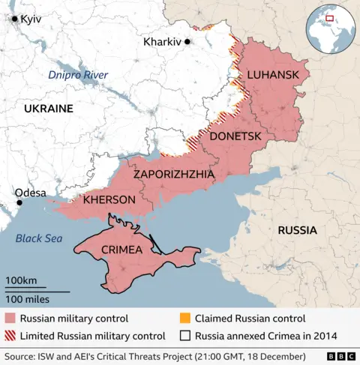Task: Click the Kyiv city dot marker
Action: coord(14,19)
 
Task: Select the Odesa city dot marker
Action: coord(19,202)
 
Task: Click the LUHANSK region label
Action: coord(273,74)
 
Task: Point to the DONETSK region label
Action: coord(235,136)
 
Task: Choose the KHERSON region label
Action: coord(109,199)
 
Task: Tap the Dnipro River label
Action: coord(78,75)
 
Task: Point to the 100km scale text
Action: coord(21,280)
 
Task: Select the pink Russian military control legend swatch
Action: coord(10,319)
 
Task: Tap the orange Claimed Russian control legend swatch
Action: coord(184,319)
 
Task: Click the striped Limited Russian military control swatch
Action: coord(10,336)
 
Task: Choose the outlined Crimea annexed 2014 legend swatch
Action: coord(184,336)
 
